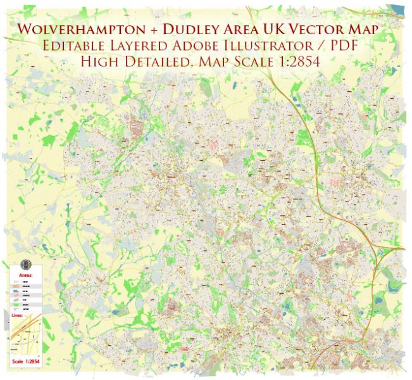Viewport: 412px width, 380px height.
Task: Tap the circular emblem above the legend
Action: [x=25, y=263]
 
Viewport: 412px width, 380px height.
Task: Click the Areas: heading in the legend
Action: [x=25, y=276]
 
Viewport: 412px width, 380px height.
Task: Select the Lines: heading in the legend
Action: [x=20, y=314]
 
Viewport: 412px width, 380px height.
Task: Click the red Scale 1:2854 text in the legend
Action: [x=25, y=362]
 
